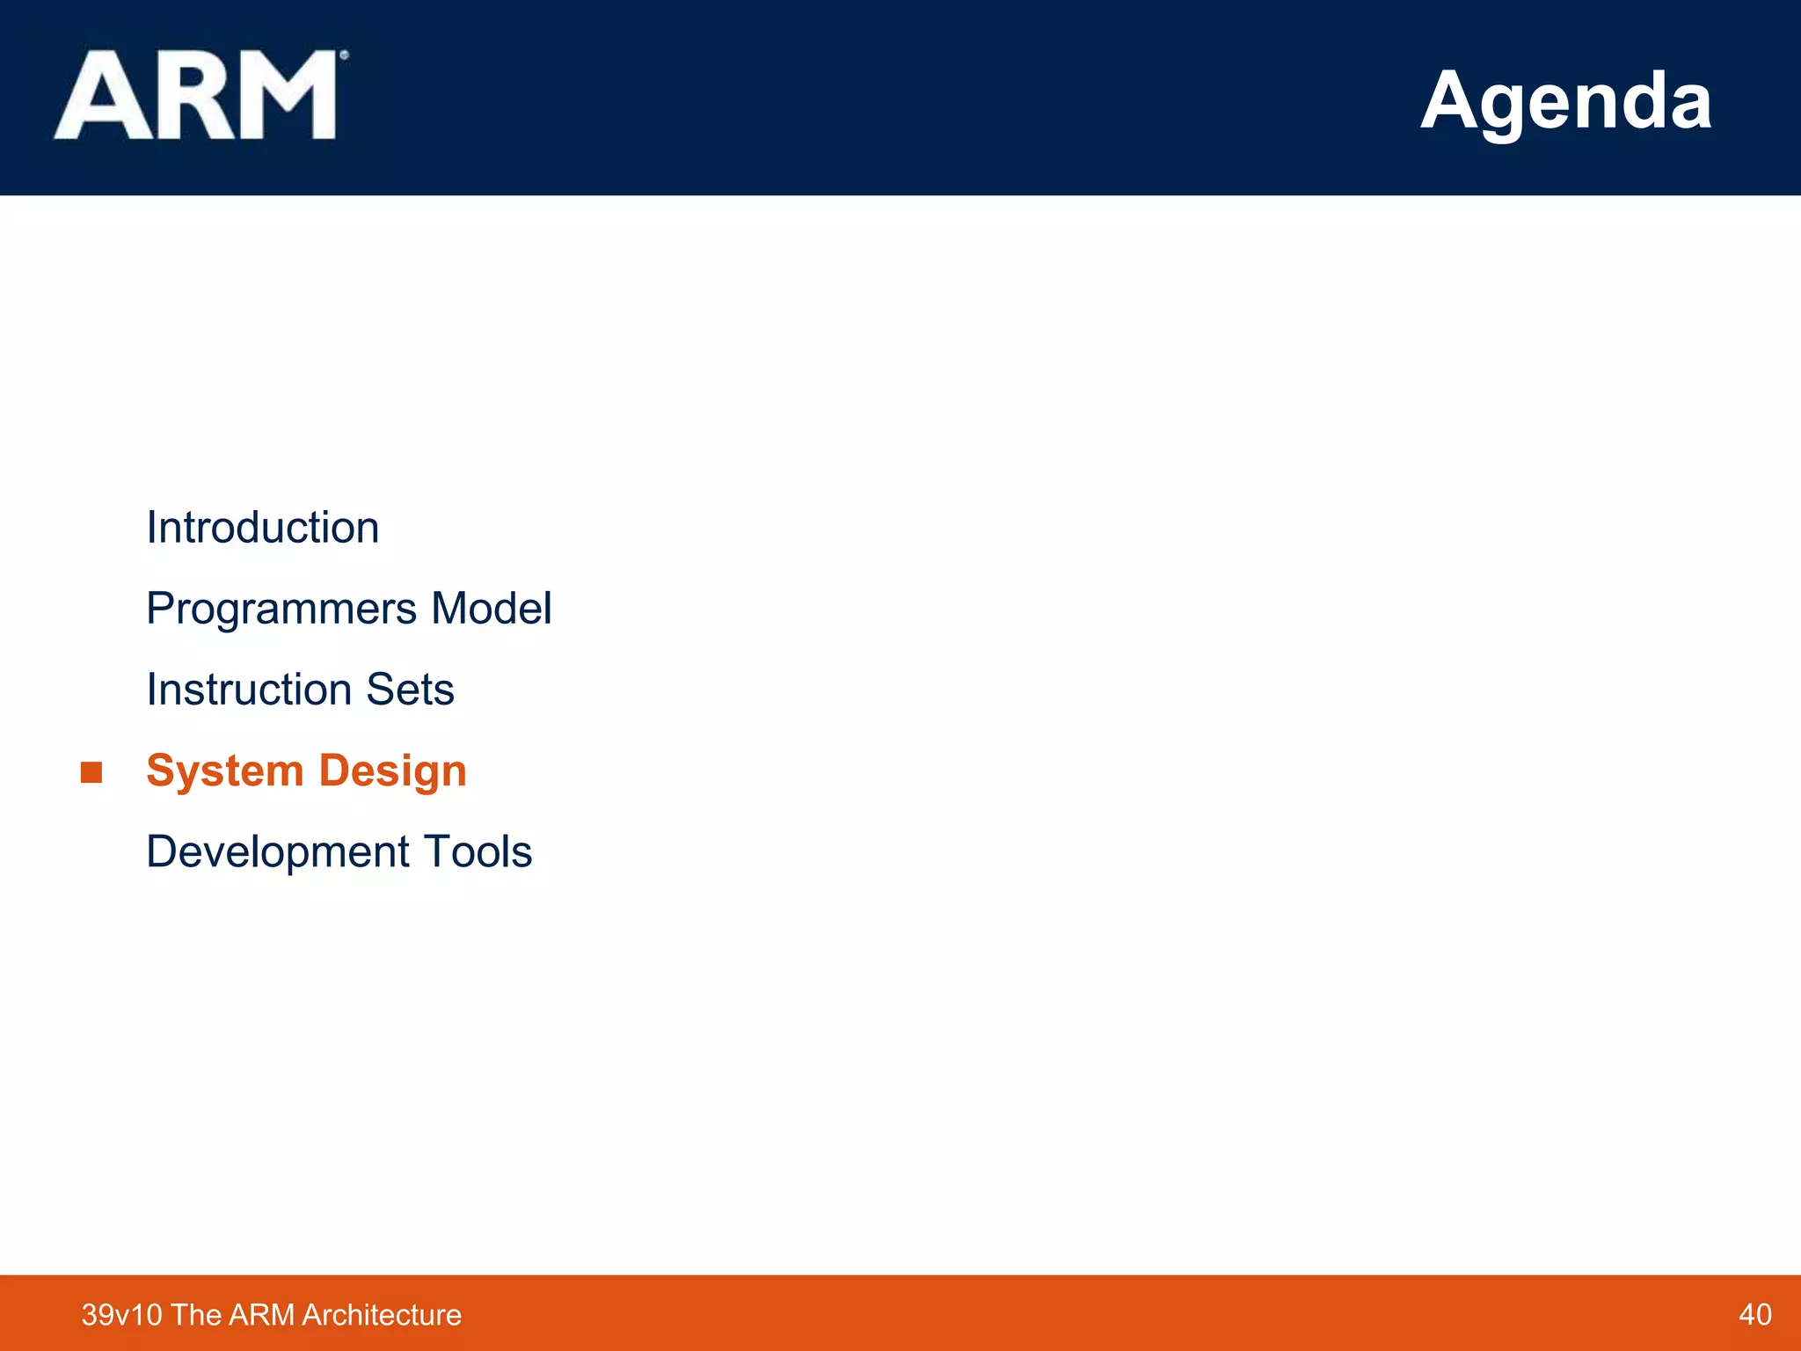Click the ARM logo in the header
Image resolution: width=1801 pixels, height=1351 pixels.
tap(198, 95)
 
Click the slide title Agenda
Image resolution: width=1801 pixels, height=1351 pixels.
tap(1565, 100)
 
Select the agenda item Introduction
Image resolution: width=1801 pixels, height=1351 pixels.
tap(262, 528)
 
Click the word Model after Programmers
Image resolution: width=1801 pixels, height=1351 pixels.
tap(491, 609)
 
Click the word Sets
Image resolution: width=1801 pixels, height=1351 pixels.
tap(410, 690)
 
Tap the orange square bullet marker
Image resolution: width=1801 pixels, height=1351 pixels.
tap(91, 772)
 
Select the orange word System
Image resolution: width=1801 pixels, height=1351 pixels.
tap(224, 771)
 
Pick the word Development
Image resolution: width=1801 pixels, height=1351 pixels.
tap(277, 852)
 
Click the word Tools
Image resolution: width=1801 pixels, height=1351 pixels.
tap(478, 851)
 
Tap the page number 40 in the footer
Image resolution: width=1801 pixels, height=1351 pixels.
tap(1754, 1315)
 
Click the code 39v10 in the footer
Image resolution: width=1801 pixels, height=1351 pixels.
tap(121, 1315)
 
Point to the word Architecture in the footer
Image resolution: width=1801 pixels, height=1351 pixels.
tap(381, 1315)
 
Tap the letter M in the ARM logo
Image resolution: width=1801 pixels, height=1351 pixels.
tap(282, 95)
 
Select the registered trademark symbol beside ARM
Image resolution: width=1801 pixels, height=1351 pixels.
tap(344, 55)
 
